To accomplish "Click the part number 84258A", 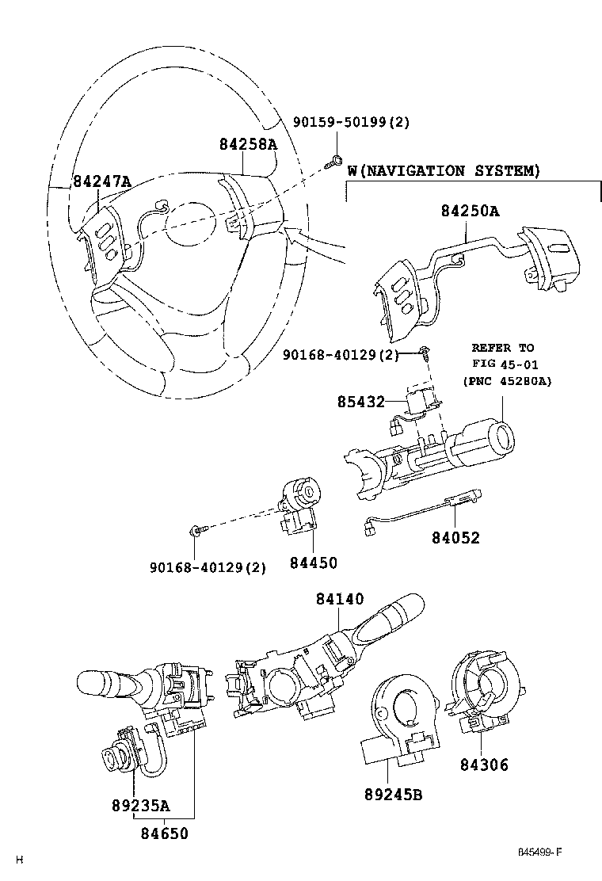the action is [248, 145].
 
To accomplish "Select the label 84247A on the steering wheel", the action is [101, 181].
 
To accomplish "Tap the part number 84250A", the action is [470, 212].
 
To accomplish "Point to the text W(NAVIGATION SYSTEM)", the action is [444, 170].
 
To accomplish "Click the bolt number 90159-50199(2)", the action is [352, 121].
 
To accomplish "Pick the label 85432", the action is [361, 402].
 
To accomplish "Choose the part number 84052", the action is [456, 538].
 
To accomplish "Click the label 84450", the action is [314, 563].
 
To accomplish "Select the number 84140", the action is [340, 599].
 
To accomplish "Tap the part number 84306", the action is [484, 765].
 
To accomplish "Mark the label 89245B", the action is [393, 795].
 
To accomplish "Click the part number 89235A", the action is [140, 806].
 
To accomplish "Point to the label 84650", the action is [164, 833].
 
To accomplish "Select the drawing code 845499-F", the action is [539, 852].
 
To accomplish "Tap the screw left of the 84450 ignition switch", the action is [198, 529].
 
